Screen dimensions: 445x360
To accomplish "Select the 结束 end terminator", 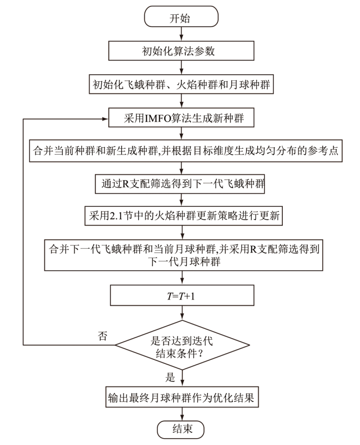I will point(180,429).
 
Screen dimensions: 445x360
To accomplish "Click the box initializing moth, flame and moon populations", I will point(182,85).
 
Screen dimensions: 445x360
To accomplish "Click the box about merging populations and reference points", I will point(182,151).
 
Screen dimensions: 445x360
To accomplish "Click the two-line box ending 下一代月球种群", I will point(182,255).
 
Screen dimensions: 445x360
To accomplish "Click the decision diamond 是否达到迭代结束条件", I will point(182,346).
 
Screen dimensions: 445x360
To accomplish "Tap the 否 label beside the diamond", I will point(103,337).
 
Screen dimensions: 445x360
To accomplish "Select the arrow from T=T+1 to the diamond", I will point(182,312).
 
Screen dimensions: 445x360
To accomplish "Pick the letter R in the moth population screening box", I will point(127,185).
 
